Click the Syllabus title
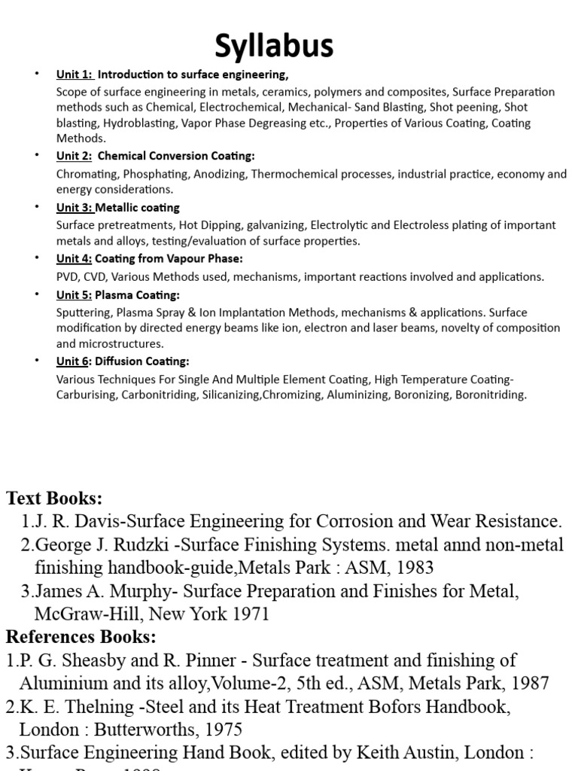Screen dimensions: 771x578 274,47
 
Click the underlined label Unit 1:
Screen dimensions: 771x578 75,75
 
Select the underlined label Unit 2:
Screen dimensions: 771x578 75,156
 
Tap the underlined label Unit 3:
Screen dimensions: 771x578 75,207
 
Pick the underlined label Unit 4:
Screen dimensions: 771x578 75,259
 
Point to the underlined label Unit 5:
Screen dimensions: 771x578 75,295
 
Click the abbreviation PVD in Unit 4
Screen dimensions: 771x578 68,277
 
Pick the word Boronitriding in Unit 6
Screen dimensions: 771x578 491,395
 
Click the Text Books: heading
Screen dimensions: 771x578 54,498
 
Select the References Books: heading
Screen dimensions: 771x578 81,637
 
